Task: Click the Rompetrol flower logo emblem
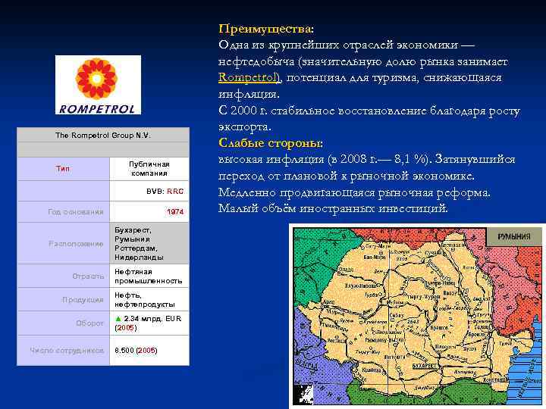click(x=97, y=79)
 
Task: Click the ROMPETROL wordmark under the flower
click(x=97, y=109)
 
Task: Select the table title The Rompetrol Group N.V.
click(x=103, y=135)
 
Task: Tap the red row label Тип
click(x=63, y=168)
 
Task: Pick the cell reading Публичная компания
click(x=149, y=168)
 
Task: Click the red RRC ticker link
click(x=175, y=192)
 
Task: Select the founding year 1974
click(x=174, y=211)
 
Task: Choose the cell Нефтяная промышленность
click(x=148, y=276)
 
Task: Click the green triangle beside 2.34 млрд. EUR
click(x=118, y=319)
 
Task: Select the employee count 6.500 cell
click(x=136, y=350)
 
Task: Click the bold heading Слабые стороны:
click(x=270, y=143)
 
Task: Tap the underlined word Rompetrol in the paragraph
click(x=249, y=77)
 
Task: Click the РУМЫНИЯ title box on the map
click(x=513, y=236)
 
